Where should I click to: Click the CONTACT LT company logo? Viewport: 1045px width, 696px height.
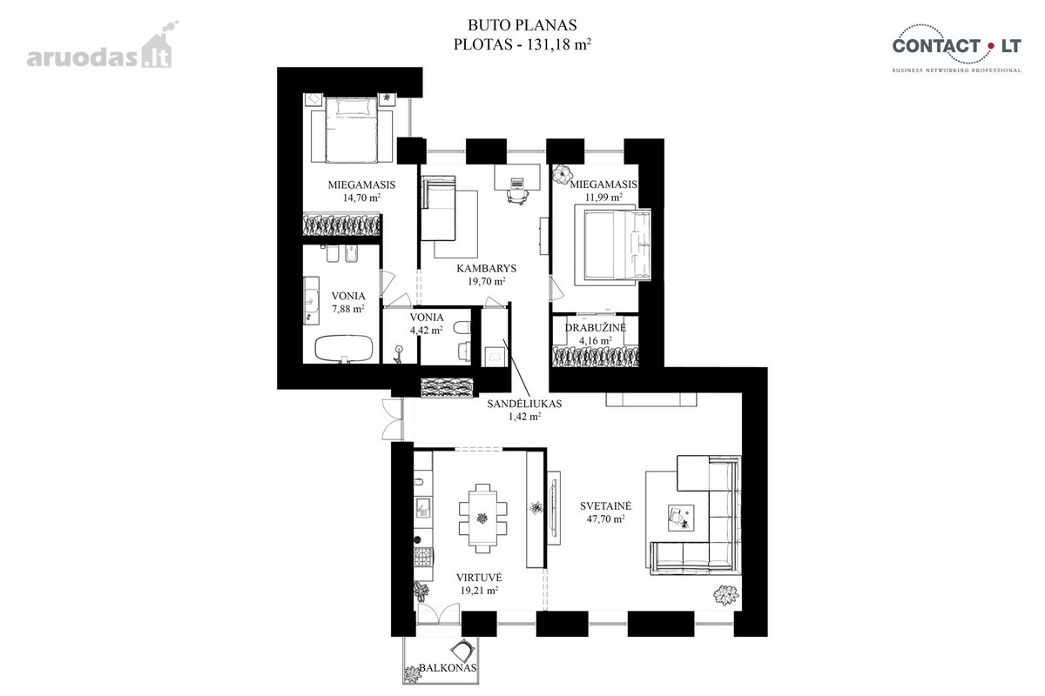[x=957, y=48]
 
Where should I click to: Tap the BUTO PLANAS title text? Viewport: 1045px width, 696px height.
[x=522, y=24]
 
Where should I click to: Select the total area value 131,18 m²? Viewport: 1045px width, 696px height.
[x=559, y=44]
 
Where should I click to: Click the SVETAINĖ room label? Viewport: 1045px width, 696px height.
[x=605, y=505]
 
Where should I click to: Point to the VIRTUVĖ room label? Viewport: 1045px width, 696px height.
[x=479, y=577]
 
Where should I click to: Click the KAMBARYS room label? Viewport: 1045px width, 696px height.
[x=486, y=268]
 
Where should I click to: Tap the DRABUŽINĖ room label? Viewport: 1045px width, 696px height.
[x=596, y=327]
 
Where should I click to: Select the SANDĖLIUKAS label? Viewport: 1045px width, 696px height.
[x=524, y=404]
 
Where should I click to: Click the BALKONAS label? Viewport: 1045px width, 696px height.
[x=448, y=667]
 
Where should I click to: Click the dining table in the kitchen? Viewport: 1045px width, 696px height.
[x=482, y=518]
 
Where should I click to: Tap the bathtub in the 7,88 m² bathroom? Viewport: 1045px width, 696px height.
[x=344, y=348]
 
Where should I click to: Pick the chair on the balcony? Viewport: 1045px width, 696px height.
[x=464, y=649]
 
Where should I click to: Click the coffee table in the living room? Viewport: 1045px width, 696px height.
[x=681, y=518]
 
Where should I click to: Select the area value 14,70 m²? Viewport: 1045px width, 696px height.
[x=361, y=197]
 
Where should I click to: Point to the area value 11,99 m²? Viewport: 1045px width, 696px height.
[x=603, y=197]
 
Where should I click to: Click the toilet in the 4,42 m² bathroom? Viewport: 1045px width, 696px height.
[x=462, y=328]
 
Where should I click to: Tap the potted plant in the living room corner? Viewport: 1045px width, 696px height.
[x=726, y=595]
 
